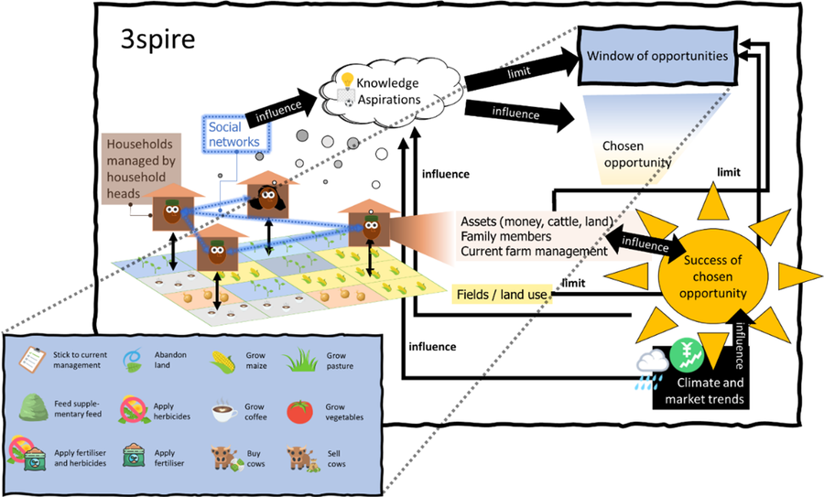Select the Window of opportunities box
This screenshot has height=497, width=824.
click(x=657, y=57)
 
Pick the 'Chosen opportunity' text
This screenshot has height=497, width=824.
click(x=635, y=155)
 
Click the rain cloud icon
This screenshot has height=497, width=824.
click(x=652, y=363)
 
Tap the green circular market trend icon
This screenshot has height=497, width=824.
click(x=685, y=354)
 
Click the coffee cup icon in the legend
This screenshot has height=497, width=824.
click(x=220, y=412)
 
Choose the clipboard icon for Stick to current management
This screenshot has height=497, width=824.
click(x=34, y=360)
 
